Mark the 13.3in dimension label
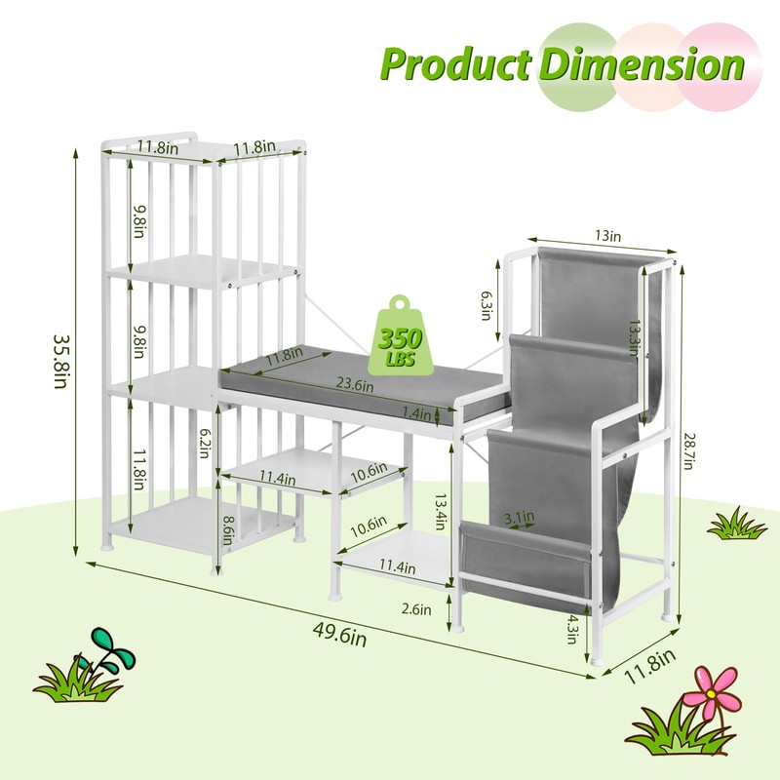pyautogui.click(x=635, y=337)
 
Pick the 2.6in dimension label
pyautogui.click(x=415, y=609)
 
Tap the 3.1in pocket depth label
pyautogui.click(x=520, y=515)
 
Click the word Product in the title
pyautogui.click(x=455, y=63)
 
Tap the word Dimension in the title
pyautogui.click(x=642, y=63)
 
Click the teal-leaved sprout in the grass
pyautogui.click(x=107, y=647)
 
